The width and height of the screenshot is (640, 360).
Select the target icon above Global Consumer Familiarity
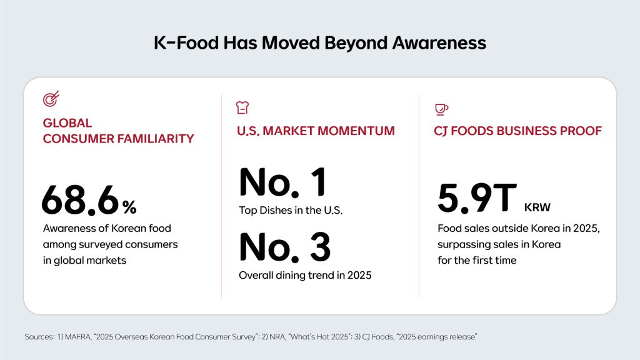pos(51,99)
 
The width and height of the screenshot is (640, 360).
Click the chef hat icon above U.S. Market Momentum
pos(242,108)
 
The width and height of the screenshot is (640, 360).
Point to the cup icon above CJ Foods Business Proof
pos(441,109)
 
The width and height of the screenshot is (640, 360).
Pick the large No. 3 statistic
pos(285,247)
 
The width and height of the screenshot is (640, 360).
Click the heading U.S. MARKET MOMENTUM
pos(316,131)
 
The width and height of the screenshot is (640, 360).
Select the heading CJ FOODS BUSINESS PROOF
pos(518,131)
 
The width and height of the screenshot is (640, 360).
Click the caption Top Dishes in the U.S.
pos(292,211)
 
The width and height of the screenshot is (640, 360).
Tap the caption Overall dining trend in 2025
pos(305,274)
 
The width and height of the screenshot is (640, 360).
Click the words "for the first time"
pos(477,259)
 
